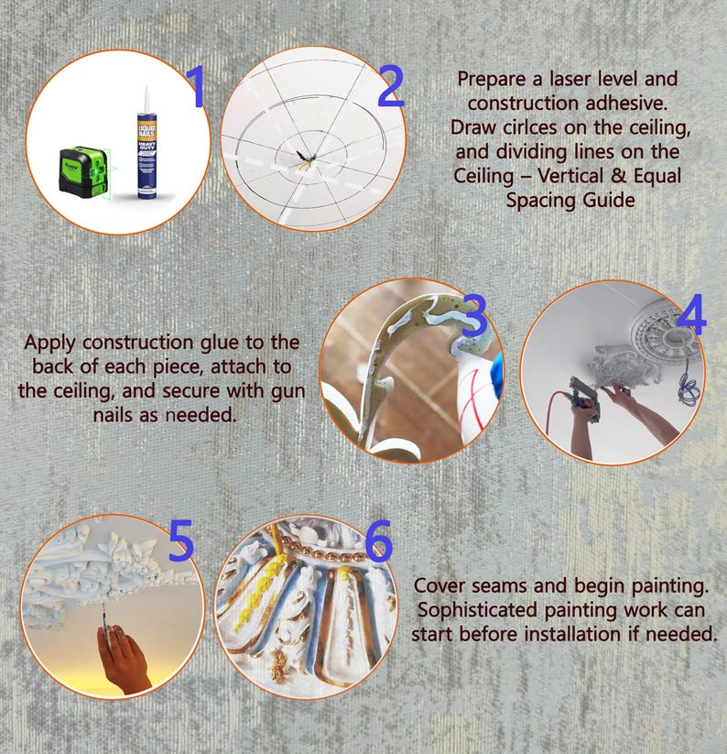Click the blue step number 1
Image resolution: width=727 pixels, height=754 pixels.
[197, 86]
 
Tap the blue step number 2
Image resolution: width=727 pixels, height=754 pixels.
[391, 86]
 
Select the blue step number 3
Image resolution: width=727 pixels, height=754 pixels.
[475, 315]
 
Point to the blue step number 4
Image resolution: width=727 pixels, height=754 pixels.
[691, 314]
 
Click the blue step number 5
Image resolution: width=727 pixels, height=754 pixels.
[180, 541]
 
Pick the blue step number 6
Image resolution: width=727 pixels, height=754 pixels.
[378, 541]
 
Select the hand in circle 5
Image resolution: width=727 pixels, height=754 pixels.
[124, 659]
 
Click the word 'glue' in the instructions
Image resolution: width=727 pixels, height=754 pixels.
[221, 344]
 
